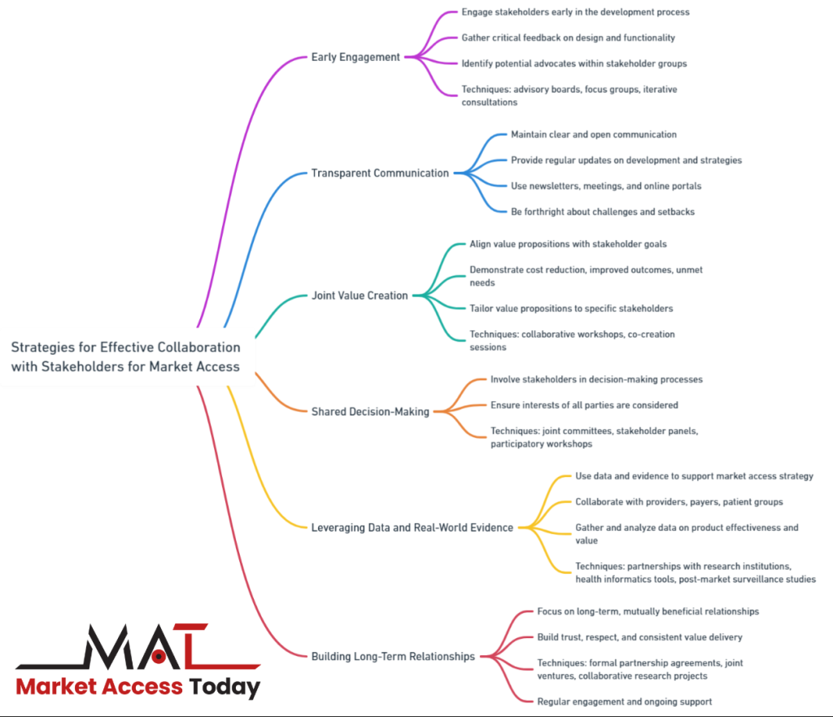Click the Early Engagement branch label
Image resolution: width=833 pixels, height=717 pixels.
(355, 57)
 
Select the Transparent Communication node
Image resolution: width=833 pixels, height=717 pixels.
(380, 173)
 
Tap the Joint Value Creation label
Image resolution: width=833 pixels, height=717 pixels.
(360, 295)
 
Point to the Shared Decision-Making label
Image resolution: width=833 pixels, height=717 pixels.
(370, 412)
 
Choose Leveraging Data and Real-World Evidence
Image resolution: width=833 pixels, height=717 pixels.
(412, 527)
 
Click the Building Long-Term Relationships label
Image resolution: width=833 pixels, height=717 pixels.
(393, 656)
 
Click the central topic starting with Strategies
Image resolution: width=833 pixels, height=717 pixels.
(125, 356)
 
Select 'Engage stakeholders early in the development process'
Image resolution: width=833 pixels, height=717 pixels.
(575, 12)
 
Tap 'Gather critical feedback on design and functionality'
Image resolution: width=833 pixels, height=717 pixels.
(568, 37)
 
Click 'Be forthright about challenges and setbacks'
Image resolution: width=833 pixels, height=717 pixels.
(603, 212)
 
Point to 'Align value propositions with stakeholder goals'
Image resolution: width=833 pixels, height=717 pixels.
(569, 244)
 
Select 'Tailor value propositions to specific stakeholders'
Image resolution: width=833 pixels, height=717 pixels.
(571, 308)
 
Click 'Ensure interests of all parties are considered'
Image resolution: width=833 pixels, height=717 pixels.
(584, 405)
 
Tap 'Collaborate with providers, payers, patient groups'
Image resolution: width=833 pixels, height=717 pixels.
(679, 502)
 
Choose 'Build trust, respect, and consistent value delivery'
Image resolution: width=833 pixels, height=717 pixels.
(639, 637)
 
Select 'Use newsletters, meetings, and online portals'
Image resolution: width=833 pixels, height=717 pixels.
(606, 186)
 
